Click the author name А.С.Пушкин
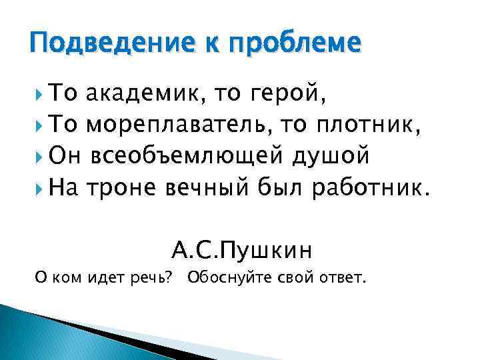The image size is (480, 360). coord(242,250)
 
